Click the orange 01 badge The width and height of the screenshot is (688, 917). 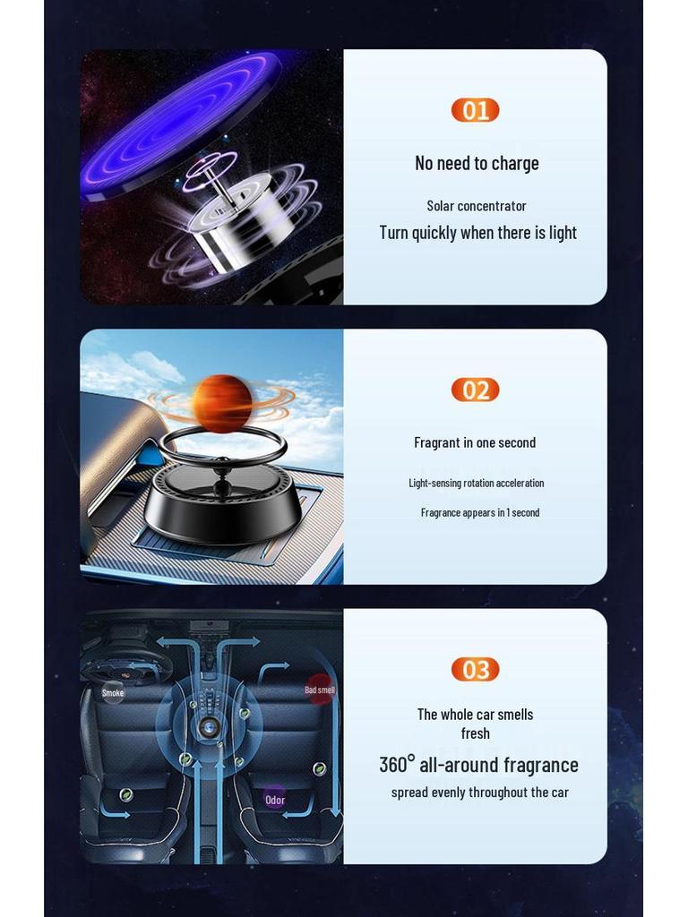[475, 110]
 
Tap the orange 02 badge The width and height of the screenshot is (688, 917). [475, 390]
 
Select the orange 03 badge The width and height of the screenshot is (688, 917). [475, 669]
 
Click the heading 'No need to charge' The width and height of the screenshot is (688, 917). [477, 163]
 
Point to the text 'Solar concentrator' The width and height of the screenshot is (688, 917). [477, 206]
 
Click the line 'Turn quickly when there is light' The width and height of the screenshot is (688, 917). [477, 233]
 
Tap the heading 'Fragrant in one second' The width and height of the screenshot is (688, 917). [475, 442]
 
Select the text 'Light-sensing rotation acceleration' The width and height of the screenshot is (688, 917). [477, 483]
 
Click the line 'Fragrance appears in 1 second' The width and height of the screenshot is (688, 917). [480, 512]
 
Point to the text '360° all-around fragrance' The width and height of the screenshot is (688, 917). [478, 765]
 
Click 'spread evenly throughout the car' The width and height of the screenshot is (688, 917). [479, 793]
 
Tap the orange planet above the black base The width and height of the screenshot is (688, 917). [222, 402]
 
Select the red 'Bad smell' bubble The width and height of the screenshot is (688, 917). [320, 690]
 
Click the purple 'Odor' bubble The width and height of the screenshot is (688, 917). [275, 800]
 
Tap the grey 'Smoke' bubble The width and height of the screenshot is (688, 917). [113, 692]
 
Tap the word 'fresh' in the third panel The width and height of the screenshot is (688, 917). [476, 733]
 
